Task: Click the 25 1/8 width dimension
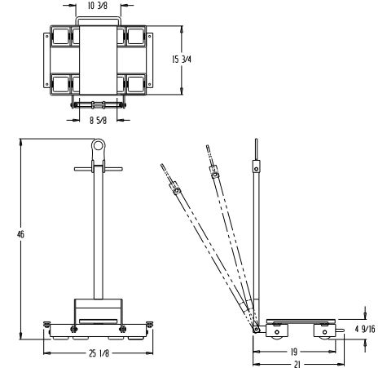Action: pos(99,353)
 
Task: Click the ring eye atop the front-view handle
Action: pos(99,147)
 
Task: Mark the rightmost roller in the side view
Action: pos(328,332)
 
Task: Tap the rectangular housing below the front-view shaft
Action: pos(99,311)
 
